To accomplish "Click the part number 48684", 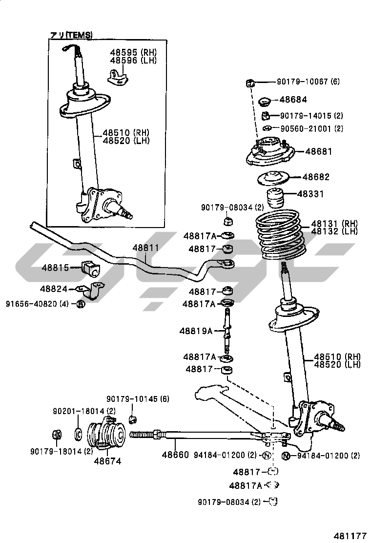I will [293, 100].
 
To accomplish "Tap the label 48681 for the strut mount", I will [318, 152].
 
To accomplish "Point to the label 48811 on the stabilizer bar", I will [145, 248].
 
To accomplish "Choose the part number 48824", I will [54, 289].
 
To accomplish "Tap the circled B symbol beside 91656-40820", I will [81, 304].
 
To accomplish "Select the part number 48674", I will [107, 460].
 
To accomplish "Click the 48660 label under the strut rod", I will [175, 455].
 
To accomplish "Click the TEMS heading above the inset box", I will [72, 35].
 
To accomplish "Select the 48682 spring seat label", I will [316, 177].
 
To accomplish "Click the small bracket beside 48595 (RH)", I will [117, 77].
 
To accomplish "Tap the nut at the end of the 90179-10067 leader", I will [248, 83].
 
